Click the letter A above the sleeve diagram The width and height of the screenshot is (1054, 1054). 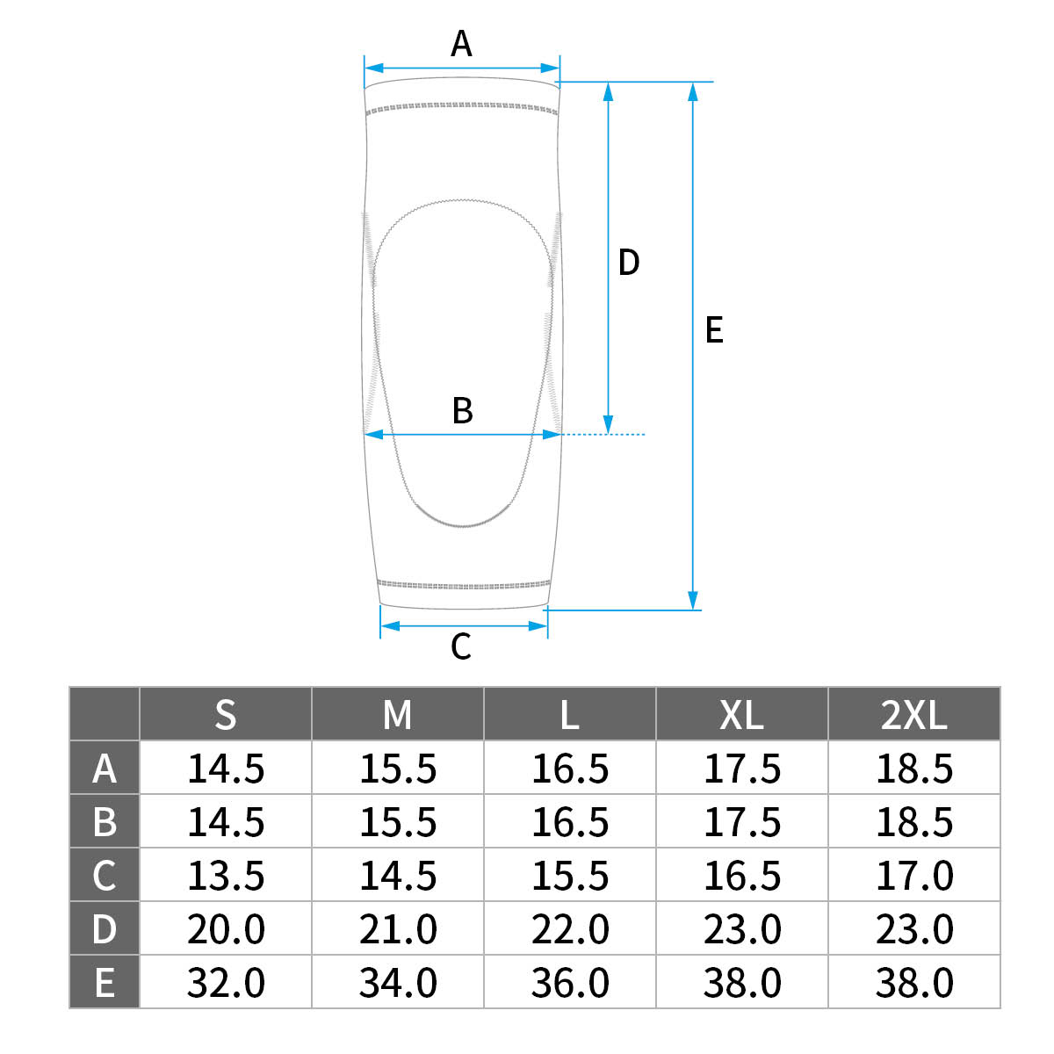(461, 43)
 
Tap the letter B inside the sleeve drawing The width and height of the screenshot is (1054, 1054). (462, 410)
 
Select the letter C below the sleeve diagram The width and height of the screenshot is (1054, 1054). (460, 646)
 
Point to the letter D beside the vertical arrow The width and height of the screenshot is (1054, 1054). (629, 262)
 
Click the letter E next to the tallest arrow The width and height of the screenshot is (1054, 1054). (714, 330)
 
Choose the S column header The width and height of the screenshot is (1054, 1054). (226, 714)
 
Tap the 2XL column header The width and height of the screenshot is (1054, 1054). (913, 714)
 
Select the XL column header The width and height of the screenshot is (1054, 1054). (741, 714)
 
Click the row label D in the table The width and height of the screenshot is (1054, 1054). (104, 928)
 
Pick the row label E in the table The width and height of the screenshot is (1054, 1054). (104, 982)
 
